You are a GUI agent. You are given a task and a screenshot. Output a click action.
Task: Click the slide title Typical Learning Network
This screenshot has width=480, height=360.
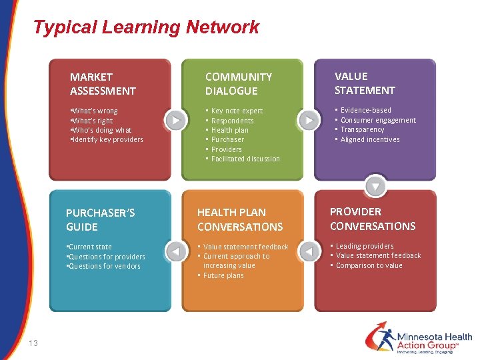[146, 27]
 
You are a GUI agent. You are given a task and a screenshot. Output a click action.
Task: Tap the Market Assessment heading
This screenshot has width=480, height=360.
[103, 84]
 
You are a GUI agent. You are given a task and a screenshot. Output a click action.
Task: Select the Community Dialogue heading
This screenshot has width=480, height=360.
[238, 84]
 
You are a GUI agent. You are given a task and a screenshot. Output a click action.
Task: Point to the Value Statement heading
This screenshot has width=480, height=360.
[365, 83]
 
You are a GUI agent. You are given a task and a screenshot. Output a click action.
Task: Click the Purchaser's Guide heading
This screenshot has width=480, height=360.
[100, 219]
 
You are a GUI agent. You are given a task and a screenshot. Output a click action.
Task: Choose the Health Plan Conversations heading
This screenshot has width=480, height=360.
[240, 219]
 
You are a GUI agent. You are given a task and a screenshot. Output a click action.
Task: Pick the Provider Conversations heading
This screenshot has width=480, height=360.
[372, 219]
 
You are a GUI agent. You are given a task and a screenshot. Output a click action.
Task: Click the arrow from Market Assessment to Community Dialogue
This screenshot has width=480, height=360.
[175, 120]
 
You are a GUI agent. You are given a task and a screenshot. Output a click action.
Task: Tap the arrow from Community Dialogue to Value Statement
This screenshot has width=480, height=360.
[309, 120]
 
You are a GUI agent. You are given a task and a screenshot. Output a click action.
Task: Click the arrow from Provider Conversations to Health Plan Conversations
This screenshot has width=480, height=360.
[308, 252]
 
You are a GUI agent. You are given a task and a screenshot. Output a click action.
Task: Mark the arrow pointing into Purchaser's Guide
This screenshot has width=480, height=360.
[175, 252]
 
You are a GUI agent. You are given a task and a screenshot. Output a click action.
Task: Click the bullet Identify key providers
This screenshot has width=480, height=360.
[107, 139]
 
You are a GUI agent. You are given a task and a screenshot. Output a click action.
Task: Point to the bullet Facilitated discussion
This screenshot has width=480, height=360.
[245, 159]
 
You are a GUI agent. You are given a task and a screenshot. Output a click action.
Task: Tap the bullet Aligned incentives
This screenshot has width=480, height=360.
[370, 139]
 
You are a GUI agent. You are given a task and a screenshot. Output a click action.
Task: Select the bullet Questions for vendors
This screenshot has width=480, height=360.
[105, 266]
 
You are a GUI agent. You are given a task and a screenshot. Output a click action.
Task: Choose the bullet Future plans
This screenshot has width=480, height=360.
[223, 275]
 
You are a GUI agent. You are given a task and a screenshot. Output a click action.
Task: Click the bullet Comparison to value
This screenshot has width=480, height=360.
[369, 265]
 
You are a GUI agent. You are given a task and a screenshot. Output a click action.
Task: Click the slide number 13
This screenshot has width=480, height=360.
[33, 343]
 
